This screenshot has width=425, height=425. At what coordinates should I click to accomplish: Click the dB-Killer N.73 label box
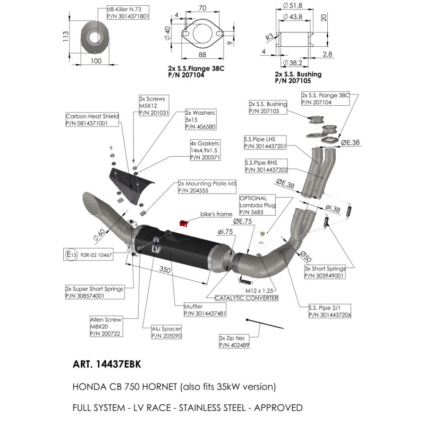tap(127, 13)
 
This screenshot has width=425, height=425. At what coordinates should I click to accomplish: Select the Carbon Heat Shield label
tap(92, 120)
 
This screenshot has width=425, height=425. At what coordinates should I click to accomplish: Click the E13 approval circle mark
tap(71, 255)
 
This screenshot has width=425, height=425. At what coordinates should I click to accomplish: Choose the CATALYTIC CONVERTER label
tap(246, 299)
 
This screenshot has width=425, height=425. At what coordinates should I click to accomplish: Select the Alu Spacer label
tap(166, 332)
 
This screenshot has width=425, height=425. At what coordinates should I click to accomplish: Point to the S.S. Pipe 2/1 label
tap(330, 311)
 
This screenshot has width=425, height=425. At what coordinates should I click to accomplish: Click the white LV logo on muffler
tap(156, 249)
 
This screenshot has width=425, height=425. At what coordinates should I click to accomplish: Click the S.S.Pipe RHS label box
tap(266, 166)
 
